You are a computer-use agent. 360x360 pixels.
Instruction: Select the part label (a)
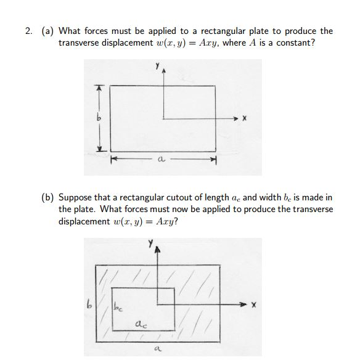click(48, 31)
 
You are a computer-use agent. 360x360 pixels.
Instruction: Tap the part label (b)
click(49, 197)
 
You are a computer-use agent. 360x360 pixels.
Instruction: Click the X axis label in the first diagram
click(245, 118)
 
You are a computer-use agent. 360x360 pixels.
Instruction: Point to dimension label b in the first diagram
click(96, 117)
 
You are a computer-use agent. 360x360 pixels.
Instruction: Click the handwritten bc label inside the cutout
click(118, 305)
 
